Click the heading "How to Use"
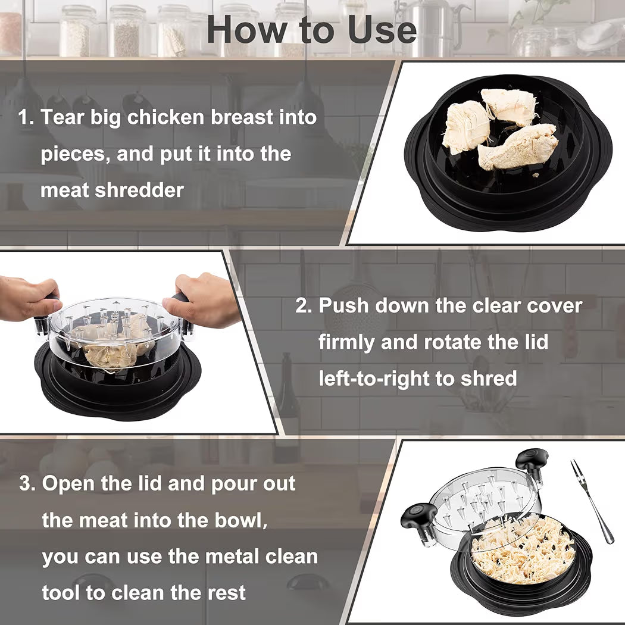(311, 29)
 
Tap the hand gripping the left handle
(27, 298)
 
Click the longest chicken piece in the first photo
(518, 146)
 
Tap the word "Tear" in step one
(63, 117)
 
